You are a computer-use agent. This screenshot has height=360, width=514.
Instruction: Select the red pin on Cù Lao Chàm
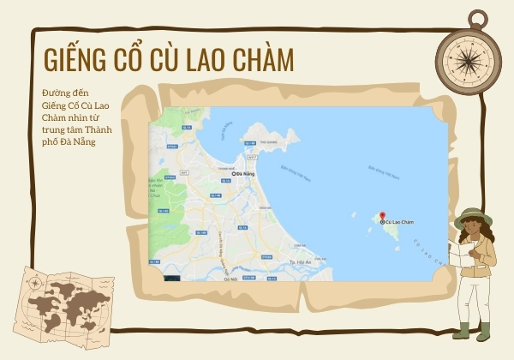(383, 216)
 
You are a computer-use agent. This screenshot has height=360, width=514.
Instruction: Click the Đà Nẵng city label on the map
(246, 174)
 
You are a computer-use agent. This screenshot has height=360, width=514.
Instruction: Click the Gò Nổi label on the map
(230, 279)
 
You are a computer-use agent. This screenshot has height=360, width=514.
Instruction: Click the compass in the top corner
(469, 56)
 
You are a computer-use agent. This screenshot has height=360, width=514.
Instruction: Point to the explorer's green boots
(474, 330)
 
